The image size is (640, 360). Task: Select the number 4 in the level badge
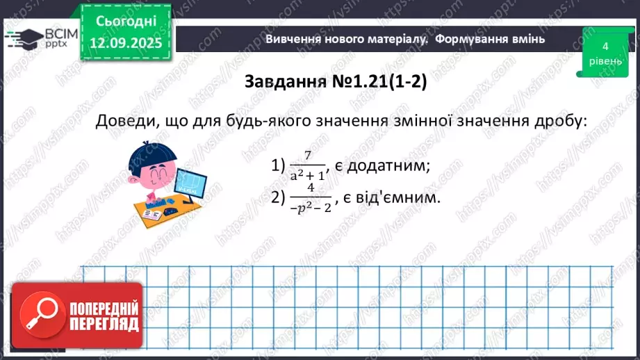pyautogui.click(x=605, y=46)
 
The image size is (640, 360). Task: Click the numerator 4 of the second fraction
pyautogui.click(x=311, y=188)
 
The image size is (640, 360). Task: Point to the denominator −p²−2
pyautogui.click(x=311, y=206)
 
